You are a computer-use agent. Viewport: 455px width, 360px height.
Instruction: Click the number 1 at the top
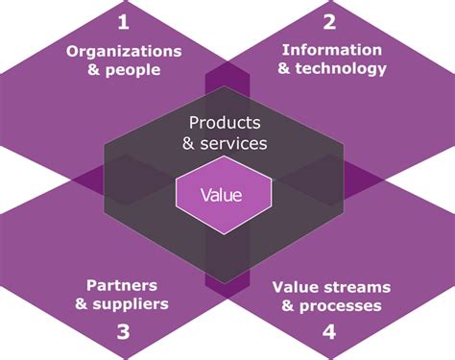(x=123, y=21)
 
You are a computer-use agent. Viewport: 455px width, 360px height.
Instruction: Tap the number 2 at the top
(x=329, y=21)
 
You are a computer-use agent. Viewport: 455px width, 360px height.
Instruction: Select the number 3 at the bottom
(x=123, y=333)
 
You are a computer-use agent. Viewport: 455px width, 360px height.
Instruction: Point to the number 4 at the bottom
(x=329, y=333)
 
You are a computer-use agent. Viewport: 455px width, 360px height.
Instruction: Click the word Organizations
(x=123, y=50)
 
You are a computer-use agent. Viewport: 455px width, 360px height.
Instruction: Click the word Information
(x=329, y=49)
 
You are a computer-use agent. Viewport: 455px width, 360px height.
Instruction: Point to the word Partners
(x=122, y=285)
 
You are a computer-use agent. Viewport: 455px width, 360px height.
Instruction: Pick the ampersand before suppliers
(x=83, y=304)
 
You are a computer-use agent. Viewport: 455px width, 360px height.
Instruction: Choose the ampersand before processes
(x=288, y=306)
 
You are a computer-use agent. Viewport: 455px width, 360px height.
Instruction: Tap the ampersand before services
(x=190, y=144)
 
